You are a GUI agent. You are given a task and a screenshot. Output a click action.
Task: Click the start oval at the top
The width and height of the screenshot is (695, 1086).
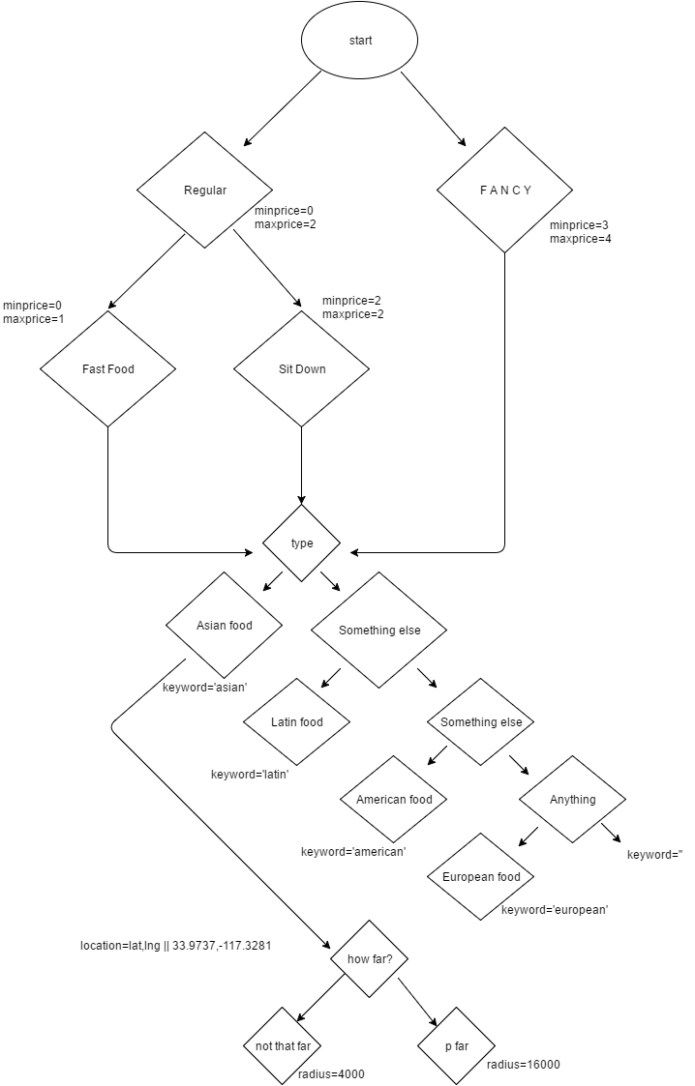coord(359,41)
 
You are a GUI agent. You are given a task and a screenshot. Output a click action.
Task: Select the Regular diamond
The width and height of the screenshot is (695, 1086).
coord(204,191)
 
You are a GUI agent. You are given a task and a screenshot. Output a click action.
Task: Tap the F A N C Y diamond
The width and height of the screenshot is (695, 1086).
coord(504,191)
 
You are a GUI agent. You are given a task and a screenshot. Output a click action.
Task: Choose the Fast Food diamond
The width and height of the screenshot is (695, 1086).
coord(107,368)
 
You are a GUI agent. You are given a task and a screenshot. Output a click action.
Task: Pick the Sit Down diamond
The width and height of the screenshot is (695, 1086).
coord(301,368)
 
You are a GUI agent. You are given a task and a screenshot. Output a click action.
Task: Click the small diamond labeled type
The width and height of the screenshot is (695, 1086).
coord(301,543)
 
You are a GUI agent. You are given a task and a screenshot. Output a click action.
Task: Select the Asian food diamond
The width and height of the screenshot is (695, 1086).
coord(224,626)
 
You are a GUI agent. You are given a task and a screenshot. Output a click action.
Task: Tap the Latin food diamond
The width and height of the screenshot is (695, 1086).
coord(296,721)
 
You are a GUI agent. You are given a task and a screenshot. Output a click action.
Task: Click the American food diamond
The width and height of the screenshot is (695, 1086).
coord(394,800)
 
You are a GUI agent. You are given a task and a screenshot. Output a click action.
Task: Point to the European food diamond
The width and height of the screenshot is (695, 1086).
coord(481,877)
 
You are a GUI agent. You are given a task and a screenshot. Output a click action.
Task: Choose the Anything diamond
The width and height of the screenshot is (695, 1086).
coord(572,800)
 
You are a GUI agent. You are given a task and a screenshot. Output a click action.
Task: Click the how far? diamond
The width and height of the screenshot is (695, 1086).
coord(369,959)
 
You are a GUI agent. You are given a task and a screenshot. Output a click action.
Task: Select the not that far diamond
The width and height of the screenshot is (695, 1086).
coord(282,1046)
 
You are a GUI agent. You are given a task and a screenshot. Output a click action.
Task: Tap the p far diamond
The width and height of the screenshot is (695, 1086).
coord(456,1046)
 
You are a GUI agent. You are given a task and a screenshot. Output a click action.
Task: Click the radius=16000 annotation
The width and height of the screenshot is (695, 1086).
coord(523,1065)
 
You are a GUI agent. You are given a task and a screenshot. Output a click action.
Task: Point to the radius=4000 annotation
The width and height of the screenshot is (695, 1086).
coord(332,1074)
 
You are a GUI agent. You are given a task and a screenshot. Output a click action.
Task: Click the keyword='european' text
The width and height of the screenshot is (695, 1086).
coord(554,910)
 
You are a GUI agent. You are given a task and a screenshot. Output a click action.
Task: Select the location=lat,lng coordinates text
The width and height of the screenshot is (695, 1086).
coord(174,945)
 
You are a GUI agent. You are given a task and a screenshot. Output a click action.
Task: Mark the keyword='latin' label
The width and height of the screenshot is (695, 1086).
coord(250,775)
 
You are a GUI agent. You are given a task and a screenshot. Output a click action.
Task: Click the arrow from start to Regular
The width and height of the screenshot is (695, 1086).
coord(283,108)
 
